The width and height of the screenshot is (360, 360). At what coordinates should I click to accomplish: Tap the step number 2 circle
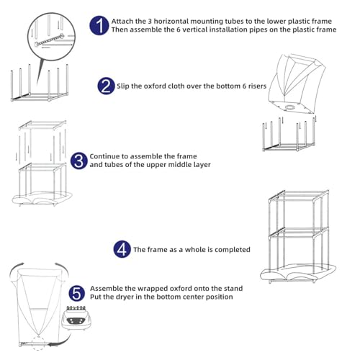coord(106,86)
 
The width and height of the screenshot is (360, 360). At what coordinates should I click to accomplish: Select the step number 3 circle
coord(78,161)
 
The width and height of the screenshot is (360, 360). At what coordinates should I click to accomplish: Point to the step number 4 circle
coord(122,250)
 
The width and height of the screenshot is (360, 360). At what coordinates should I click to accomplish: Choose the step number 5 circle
coord(77,293)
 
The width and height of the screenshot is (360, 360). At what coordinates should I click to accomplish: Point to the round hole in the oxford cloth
coord(292,106)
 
